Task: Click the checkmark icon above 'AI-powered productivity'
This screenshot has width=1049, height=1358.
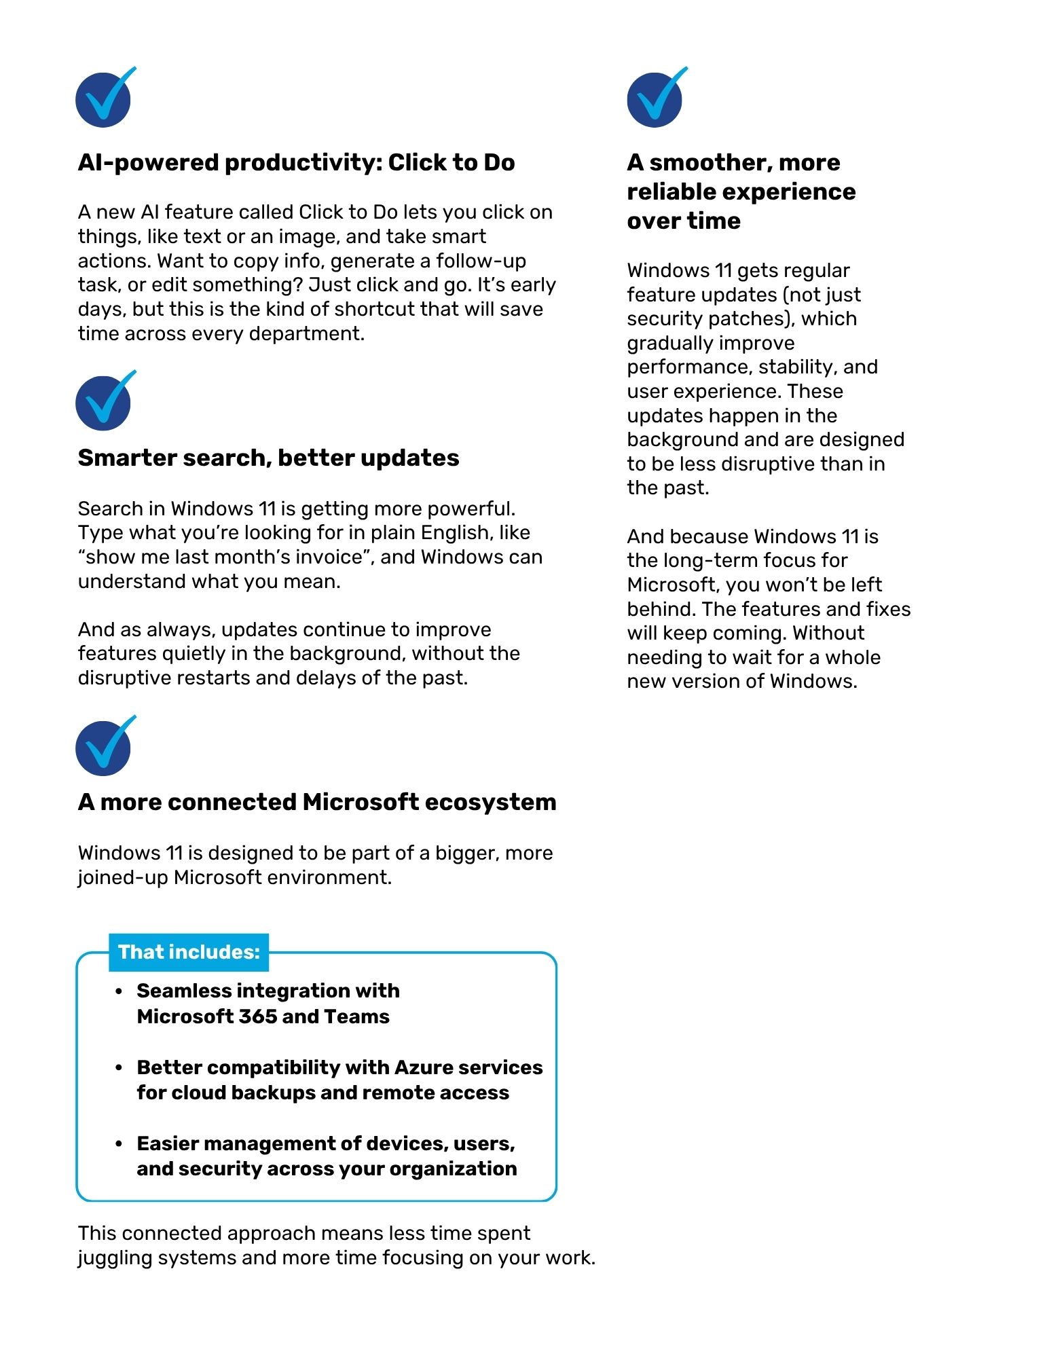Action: tap(104, 99)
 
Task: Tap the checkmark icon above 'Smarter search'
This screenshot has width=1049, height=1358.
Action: tap(104, 403)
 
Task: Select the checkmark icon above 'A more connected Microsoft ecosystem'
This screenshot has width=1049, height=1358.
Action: tap(104, 748)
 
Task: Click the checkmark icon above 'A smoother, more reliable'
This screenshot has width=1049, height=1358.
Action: tap(655, 99)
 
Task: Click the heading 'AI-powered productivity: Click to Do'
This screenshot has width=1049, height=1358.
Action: tap(296, 163)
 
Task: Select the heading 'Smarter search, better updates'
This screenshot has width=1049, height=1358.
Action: tap(268, 458)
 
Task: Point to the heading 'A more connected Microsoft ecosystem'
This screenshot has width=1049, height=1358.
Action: tap(317, 803)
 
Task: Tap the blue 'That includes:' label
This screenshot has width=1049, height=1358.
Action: tap(189, 952)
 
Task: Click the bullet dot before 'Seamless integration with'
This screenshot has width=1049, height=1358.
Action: tap(119, 991)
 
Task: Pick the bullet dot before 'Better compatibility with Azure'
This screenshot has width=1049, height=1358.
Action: tap(119, 1068)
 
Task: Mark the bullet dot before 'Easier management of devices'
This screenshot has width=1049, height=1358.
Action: tap(119, 1144)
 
